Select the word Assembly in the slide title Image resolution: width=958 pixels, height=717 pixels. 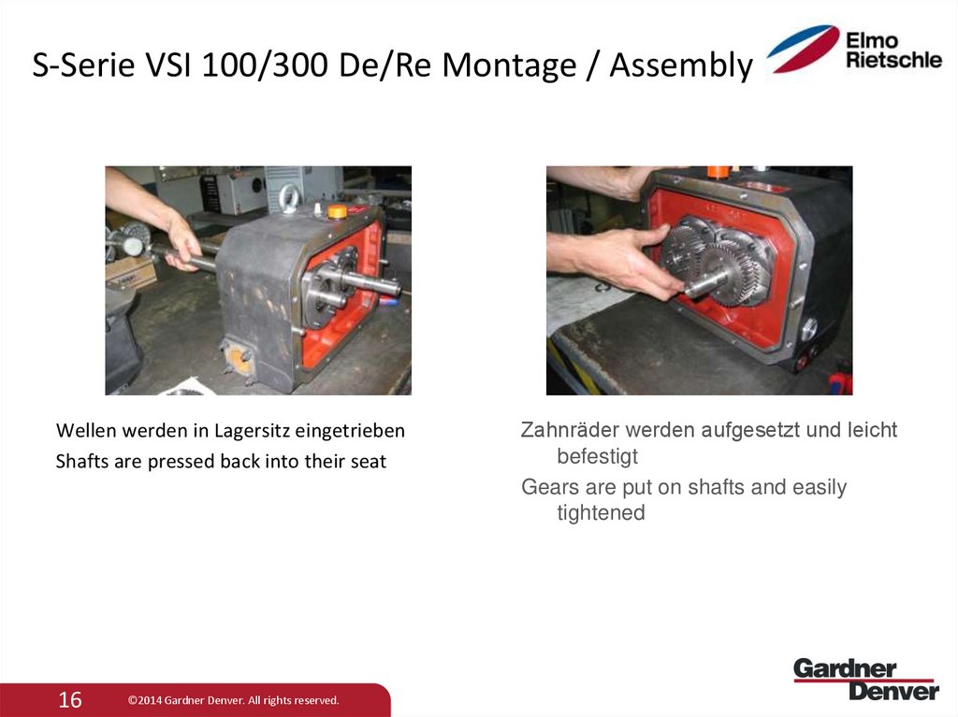[x=680, y=65]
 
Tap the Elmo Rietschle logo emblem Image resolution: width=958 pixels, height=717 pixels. [x=803, y=48]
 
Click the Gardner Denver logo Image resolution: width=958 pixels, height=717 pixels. [x=865, y=679]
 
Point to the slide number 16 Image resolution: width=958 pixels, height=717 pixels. [x=70, y=699]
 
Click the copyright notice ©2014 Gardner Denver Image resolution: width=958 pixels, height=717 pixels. [x=233, y=700]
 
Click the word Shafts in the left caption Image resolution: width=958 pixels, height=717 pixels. [x=82, y=461]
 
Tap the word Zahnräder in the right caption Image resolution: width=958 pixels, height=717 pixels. [x=570, y=430]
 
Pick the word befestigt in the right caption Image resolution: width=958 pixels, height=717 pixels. [x=597, y=456]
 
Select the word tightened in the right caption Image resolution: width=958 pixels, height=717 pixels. [x=601, y=512]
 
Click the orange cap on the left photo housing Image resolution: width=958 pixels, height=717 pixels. [x=338, y=211]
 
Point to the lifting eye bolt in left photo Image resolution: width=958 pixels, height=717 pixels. [x=289, y=196]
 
